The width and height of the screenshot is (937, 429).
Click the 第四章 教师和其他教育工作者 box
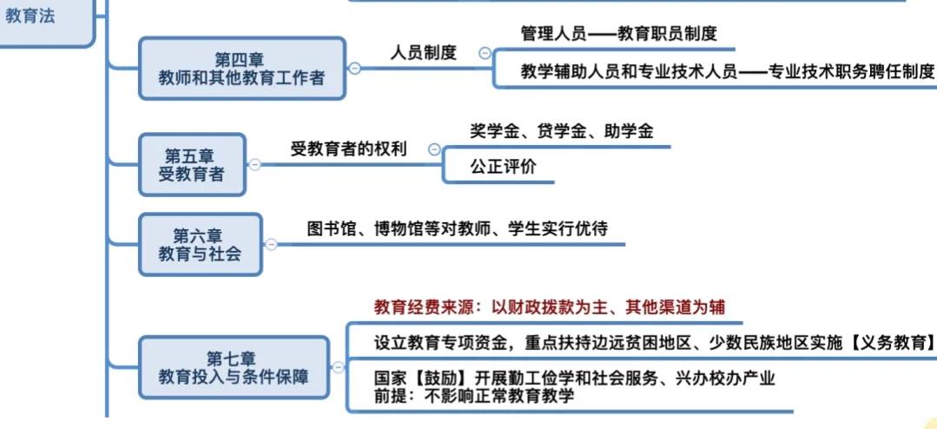242,69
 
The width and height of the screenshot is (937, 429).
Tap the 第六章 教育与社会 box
200,244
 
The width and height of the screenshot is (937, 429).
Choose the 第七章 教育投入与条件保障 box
233,367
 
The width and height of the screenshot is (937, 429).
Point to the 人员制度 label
423,52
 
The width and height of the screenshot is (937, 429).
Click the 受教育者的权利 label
348,148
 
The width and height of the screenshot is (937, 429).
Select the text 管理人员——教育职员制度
618,34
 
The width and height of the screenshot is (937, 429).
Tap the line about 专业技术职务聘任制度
728,72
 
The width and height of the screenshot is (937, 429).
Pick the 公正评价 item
503,168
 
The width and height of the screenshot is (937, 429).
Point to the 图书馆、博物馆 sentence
458,228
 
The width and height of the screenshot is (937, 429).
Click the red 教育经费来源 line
549,307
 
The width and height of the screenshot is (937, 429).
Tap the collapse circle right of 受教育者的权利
433,149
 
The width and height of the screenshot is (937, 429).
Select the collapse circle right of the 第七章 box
338,367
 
